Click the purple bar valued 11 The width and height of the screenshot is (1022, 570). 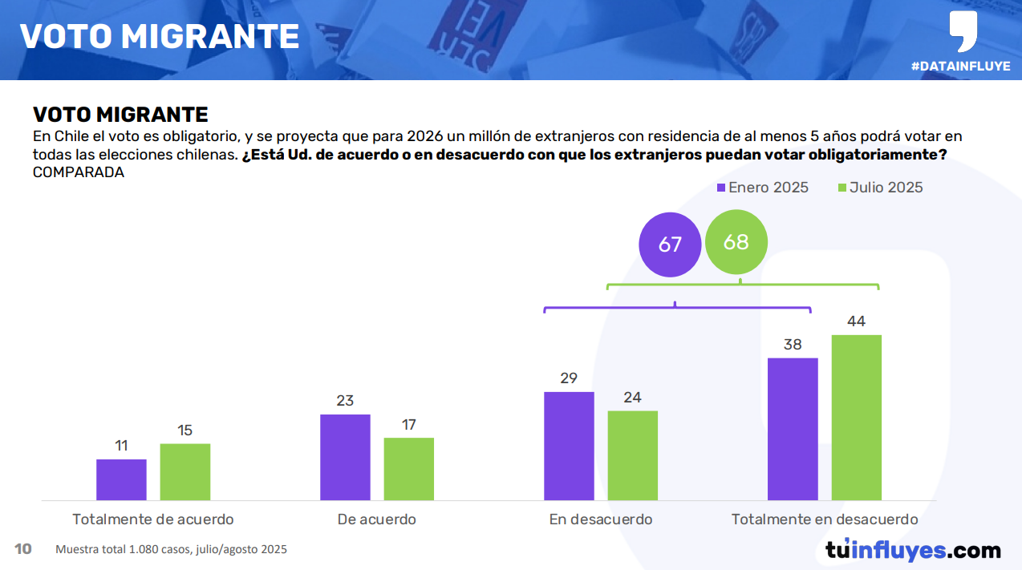(x=121, y=480)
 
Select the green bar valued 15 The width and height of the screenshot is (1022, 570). (x=185, y=472)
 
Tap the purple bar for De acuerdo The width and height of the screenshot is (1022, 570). (x=345, y=458)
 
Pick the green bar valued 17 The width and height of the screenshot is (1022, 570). (x=409, y=469)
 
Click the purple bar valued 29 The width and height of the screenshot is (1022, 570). (x=569, y=447)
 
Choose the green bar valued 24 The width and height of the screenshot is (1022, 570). (x=633, y=456)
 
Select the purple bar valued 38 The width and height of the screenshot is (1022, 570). (x=793, y=429)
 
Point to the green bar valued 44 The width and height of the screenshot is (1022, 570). (x=857, y=418)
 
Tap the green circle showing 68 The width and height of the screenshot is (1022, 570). (x=736, y=241)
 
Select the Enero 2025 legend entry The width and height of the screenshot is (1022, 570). (x=762, y=188)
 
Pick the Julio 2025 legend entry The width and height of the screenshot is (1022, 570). (x=880, y=188)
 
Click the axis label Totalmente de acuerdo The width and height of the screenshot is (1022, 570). (x=153, y=519)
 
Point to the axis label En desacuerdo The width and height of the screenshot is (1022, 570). (x=601, y=519)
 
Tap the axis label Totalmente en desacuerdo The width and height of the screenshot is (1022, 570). (x=825, y=519)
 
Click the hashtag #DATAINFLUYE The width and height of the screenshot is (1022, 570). (x=960, y=67)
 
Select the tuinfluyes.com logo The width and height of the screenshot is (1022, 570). (x=913, y=551)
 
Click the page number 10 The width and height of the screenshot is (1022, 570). (x=23, y=549)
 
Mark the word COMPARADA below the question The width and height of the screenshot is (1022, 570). (x=79, y=172)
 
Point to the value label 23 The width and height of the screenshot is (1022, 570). (x=345, y=401)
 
